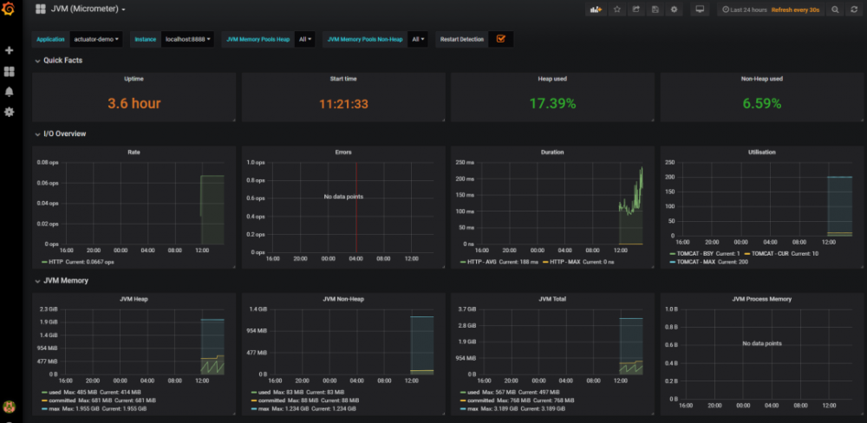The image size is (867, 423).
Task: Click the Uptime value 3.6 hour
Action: click(134, 103)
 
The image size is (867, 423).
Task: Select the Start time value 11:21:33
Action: click(343, 103)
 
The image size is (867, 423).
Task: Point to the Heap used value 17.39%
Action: click(552, 103)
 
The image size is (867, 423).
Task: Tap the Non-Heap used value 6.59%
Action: click(762, 103)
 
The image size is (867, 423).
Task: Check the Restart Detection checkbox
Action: click(501, 39)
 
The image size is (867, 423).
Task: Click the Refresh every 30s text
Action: click(795, 10)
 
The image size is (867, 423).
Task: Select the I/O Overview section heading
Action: click(64, 133)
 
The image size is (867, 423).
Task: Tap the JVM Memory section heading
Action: click(65, 280)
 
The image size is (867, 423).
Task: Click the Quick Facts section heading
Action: click(62, 60)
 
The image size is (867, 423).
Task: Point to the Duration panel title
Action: click(552, 152)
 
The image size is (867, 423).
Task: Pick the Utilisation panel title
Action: click(762, 152)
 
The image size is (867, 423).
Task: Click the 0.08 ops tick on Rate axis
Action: click(48, 162)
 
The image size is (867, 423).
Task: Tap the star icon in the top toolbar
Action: click(617, 10)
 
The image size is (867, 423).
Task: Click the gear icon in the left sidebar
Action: click(10, 112)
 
